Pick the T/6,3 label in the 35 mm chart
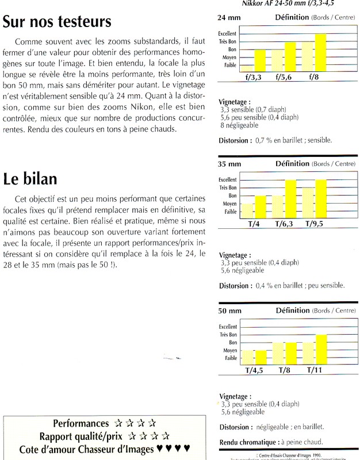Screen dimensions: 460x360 (285, 224)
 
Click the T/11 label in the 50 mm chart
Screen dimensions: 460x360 (315, 370)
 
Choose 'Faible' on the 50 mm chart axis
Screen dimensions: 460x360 (229, 357)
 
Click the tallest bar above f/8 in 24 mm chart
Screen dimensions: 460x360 (320, 52)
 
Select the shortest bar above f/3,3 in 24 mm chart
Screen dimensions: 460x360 (247, 68)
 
